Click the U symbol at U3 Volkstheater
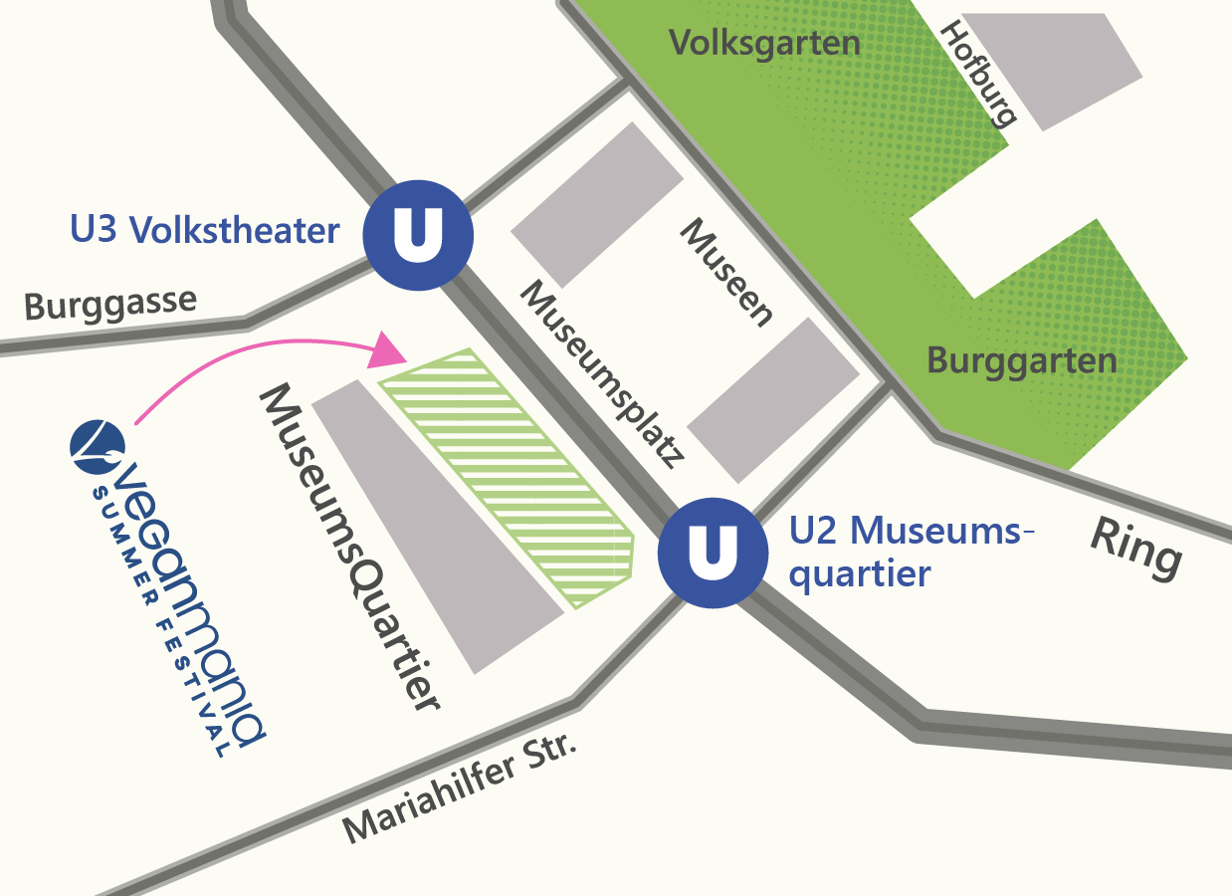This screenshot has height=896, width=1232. pyautogui.click(x=417, y=235)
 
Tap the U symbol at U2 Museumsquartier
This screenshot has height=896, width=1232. pyautogui.click(x=713, y=552)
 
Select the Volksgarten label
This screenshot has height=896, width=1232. pyautogui.click(x=764, y=43)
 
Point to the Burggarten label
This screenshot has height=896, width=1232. pyautogui.click(x=1021, y=360)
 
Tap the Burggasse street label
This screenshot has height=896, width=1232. pyautogui.click(x=110, y=304)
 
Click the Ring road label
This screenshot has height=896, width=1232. pyautogui.click(x=1136, y=548)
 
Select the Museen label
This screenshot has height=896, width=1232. pyautogui.click(x=726, y=272)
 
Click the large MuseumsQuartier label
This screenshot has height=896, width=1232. pyautogui.click(x=349, y=548)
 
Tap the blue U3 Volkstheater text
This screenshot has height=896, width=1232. pyautogui.click(x=205, y=231)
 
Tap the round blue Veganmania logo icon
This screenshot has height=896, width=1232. pyautogui.click(x=98, y=446)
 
